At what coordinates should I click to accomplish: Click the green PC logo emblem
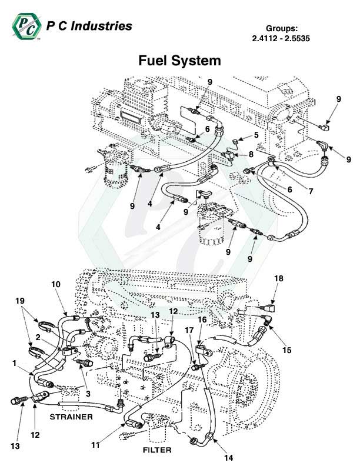(25, 27)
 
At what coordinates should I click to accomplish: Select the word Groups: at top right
(285, 28)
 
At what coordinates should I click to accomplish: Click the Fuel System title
(179, 61)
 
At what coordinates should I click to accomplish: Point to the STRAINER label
(71, 417)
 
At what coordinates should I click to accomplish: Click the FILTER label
(157, 450)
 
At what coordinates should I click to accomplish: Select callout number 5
(257, 135)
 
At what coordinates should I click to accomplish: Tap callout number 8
(251, 154)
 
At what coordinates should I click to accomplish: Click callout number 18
(278, 277)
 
